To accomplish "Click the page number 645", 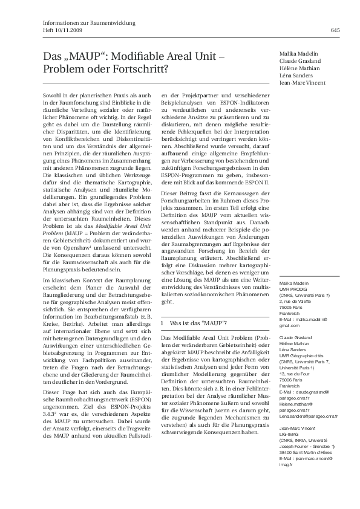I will tap(335, 30).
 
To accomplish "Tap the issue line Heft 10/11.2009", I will tap(65, 30).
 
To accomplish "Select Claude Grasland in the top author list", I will tap(301, 61).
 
